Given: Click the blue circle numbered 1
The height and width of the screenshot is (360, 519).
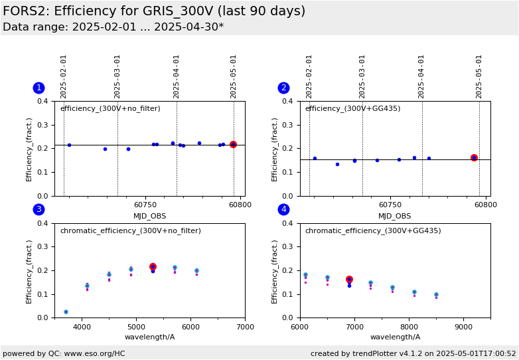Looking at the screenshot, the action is coord(38,88).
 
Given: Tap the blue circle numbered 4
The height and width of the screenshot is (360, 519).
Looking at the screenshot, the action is coord(283,209).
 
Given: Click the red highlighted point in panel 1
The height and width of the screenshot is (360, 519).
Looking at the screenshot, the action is coord(234,144).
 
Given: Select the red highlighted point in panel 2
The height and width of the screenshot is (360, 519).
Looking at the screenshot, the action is coord(474,158).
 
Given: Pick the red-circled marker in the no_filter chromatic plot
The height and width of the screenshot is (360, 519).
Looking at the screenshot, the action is coord(153,266).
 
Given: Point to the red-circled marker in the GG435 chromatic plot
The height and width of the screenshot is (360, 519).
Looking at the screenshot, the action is coord(349,280).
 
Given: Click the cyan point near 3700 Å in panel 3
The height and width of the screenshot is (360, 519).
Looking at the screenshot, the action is coord(66,312).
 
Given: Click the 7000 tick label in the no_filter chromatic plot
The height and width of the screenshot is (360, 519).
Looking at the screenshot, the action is coord(246,327).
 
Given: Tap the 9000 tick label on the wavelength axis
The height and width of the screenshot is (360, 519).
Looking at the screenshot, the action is coord(463,327).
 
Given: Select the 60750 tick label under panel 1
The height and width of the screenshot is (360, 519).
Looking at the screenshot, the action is coord(145,205).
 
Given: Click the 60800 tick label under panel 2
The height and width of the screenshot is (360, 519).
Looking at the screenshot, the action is coord(486,205).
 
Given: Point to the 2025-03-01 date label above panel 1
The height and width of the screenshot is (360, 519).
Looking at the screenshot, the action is coord(117,77).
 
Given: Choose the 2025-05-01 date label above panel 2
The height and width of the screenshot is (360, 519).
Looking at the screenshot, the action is coord(479,77).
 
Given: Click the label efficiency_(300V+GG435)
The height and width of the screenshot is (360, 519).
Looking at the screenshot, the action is coord(353,109).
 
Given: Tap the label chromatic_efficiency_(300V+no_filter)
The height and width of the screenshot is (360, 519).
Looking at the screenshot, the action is coord(130,230).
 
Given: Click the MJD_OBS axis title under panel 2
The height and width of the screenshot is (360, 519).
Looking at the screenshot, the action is coord(394,217).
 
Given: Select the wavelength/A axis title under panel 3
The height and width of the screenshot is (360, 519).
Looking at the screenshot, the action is coord(149,337).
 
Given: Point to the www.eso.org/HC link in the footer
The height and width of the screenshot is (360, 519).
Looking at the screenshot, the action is coord(94,353).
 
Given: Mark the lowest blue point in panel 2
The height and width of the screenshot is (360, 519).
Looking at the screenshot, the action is coord(337,164).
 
